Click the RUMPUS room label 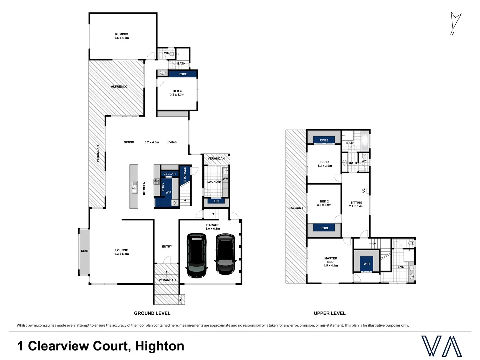click(x=122, y=34)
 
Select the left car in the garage click(x=197, y=255)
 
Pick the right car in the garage click(x=225, y=254)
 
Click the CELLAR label click(x=169, y=174)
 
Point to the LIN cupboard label click(x=216, y=201)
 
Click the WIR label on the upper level click(x=367, y=264)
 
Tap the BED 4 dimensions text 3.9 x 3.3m click(x=177, y=95)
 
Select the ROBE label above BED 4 click(x=183, y=74)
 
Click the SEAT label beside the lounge click(x=85, y=251)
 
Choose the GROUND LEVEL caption click(x=152, y=313)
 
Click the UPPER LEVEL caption click(x=330, y=313)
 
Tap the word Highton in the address click(x=160, y=346)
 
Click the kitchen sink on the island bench click(x=134, y=187)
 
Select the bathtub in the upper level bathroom click(x=365, y=141)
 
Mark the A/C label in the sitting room click(x=364, y=191)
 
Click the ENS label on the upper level click(x=400, y=267)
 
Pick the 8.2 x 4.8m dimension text click(x=152, y=142)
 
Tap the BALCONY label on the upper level click(x=296, y=208)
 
